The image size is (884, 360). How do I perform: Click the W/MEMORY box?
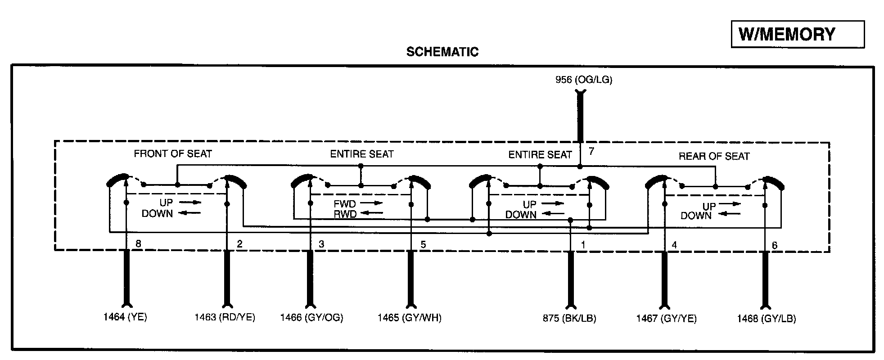click(x=797, y=34)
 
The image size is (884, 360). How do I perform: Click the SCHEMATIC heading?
click(x=442, y=52)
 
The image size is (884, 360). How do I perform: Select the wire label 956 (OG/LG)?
click(x=584, y=80)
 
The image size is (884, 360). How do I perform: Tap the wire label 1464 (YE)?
click(x=125, y=317)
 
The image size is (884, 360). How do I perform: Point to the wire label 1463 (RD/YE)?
click(x=225, y=317)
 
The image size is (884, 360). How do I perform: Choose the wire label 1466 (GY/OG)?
click(x=311, y=318)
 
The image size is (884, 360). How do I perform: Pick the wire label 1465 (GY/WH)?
click(x=409, y=318)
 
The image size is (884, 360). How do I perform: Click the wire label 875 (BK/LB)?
click(x=569, y=318)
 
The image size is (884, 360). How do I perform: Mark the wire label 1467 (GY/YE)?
click(x=666, y=319)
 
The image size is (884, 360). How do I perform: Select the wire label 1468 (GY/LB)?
click(x=766, y=319)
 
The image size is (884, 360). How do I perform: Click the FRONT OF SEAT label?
click(x=173, y=154)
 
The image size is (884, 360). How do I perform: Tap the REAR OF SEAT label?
click(x=714, y=157)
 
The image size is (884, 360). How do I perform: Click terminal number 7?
click(x=591, y=151)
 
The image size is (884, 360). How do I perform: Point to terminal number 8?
click(x=138, y=244)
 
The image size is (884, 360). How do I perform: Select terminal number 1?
click(x=583, y=245)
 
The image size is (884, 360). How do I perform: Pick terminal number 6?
click(x=775, y=245)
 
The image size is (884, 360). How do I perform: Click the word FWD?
click(x=345, y=204)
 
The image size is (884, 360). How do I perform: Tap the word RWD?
click(x=345, y=214)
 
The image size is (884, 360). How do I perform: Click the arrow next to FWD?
click(x=371, y=203)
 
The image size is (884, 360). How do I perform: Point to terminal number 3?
click(x=321, y=244)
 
